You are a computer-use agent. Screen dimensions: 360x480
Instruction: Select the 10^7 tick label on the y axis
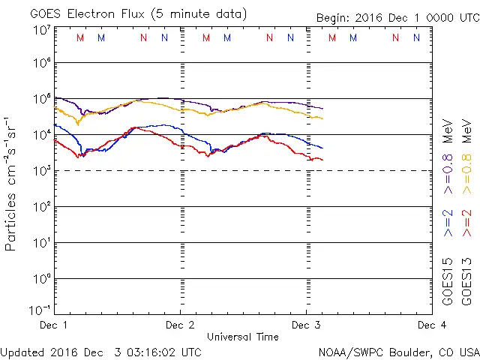click(x=41, y=30)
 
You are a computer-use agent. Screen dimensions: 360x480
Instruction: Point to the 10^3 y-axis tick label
click(x=41, y=171)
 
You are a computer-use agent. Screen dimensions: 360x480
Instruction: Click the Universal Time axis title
click(x=242, y=337)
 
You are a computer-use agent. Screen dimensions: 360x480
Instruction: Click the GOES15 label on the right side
click(x=448, y=281)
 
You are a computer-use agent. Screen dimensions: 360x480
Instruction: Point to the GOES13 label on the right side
click(x=467, y=281)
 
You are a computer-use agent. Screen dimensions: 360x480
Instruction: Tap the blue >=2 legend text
click(x=448, y=223)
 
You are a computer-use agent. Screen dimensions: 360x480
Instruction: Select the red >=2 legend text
click(x=467, y=223)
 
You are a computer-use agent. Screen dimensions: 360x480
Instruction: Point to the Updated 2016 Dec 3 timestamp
click(x=100, y=351)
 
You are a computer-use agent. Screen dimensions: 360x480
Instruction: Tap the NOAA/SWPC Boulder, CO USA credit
click(x=398, y=351)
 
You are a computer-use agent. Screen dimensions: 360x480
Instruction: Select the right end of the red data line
click(x=322, y=160)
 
